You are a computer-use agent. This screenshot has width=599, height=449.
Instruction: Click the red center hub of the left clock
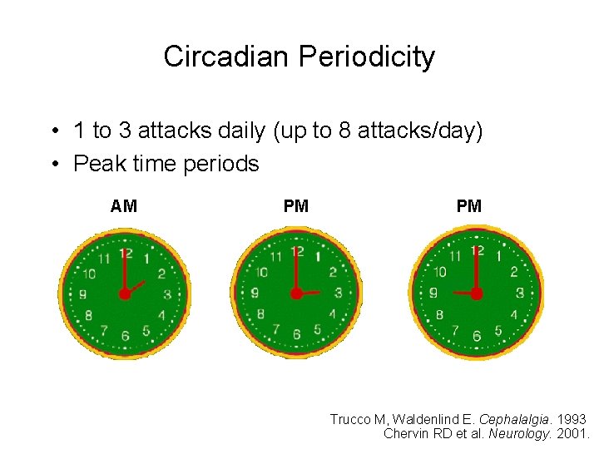click(x=125, y=294)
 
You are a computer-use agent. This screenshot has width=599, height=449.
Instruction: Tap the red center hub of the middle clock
click(x=295, y=293)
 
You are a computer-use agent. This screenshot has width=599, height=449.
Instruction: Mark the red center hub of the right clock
click(x=477, y=294)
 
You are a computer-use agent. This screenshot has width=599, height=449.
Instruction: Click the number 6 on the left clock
click(x=125, y=336)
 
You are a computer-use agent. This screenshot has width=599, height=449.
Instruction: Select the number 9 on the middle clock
click(x=255, y=293)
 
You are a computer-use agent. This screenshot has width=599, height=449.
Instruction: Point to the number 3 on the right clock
click(x=520, y=293)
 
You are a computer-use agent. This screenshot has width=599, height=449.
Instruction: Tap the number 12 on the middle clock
click(x=296, y=251)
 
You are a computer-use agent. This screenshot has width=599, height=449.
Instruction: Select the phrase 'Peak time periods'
click(x=166, y=164)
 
